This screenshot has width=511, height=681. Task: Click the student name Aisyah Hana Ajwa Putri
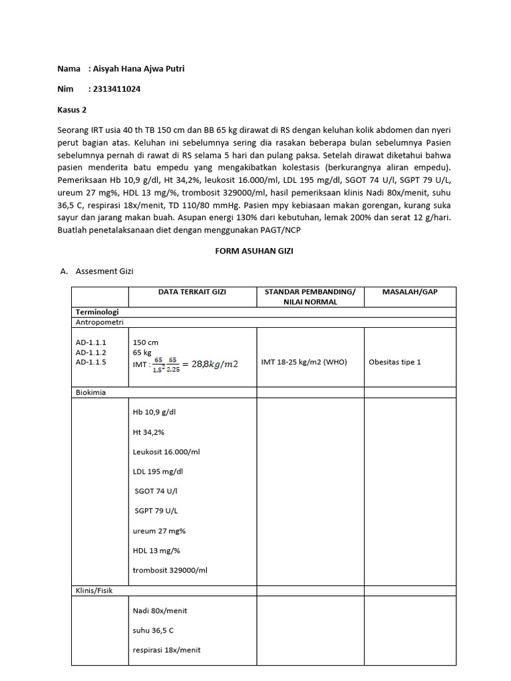(138, 69)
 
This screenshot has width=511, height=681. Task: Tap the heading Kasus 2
(72, 110)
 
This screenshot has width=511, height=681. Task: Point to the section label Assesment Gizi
(105, 271)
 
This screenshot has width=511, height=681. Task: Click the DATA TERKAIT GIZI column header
(192, 292)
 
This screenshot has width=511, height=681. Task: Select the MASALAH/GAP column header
(409, 292)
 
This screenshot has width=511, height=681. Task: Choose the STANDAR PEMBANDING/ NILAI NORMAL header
(310, 297)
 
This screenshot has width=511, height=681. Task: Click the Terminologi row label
(97, 312)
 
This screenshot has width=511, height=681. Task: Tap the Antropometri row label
(99, 322)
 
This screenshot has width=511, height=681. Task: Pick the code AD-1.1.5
(91, 362)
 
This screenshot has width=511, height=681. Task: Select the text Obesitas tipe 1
(395, 362)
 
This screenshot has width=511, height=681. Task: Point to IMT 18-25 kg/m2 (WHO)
(304, 362)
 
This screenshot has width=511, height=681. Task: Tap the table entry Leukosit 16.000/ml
(166, 452)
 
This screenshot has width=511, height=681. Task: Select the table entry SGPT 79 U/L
(156, 511)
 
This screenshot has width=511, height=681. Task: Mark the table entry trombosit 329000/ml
(170, 570)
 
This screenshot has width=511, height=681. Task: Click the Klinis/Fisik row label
(94, 590)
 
